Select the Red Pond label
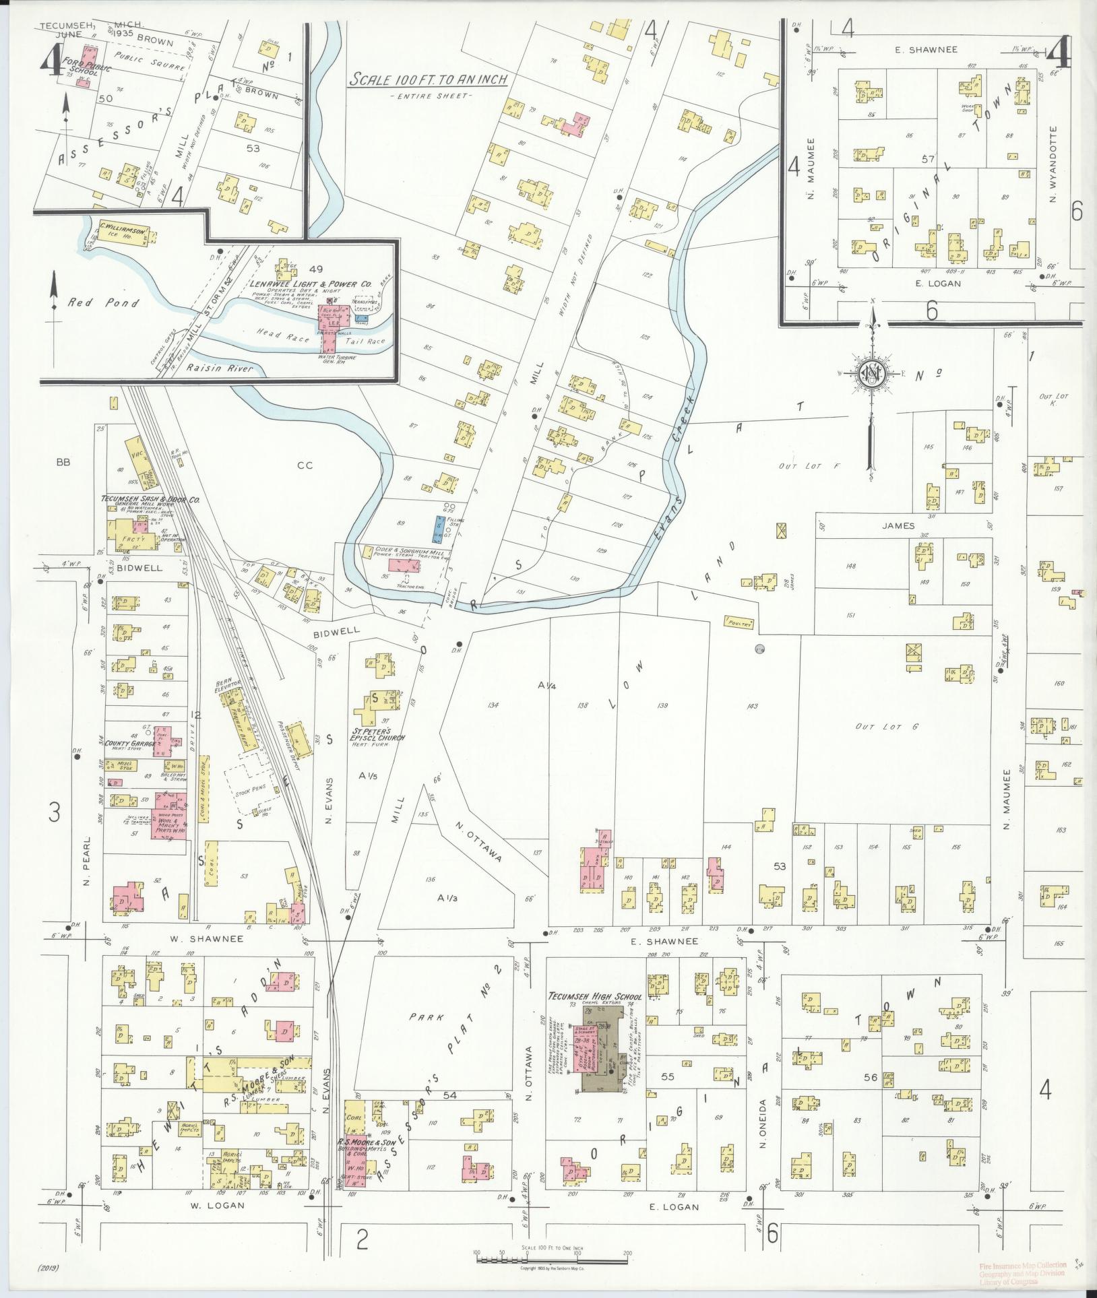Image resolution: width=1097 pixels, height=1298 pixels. (103, 303)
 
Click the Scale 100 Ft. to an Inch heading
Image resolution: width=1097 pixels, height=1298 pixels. (427, 79)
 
